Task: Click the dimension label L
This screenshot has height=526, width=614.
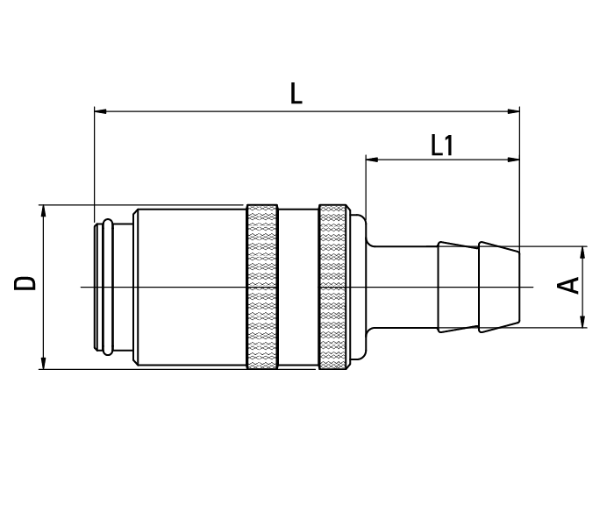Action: pyautogui.click(x=296, y=94)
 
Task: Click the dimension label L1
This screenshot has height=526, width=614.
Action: pyautogui.click(x=443, y=146)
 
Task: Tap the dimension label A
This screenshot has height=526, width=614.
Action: pyautogui.click(x=570, y=285)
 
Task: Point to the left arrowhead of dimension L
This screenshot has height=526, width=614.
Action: pyautogui.click(x=99, y=111)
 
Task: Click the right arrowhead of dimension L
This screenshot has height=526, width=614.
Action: pyautogui.click(x=514, y=111)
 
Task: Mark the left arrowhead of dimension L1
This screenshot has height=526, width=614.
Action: pyautogui.click(x=372, y=160)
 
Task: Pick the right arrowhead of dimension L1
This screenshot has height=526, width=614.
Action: pyautogui.click(x=514, y=160)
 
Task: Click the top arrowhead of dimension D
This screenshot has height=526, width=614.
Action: pyautogui.click(x=42, y=210)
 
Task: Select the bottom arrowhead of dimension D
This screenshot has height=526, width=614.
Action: pyautogui.click(x=42, y=363)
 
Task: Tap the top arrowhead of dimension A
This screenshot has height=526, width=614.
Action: pyautogui.click(x=583, y=252)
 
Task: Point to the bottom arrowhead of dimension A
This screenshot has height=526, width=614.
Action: pyautogui.click(x=583, y=323)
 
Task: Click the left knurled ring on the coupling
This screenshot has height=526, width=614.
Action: pyautogui.click(x=262, y=287)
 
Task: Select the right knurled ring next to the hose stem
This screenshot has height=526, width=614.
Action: pyautogui.click(x=332, y=287)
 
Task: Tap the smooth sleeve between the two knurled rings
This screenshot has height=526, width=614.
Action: pyautogui.click(x=297, y=287)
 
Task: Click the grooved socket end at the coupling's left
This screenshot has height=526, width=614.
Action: pyautogui.click(x=105, y=287)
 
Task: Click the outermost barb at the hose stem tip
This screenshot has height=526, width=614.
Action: pyautogui.click(x=498, y=287)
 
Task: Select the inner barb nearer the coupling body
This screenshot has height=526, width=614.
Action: pyautogui.click(x=458, y=287)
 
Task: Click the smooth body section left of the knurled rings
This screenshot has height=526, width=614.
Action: pyautogui.click(x=189, y=287)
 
